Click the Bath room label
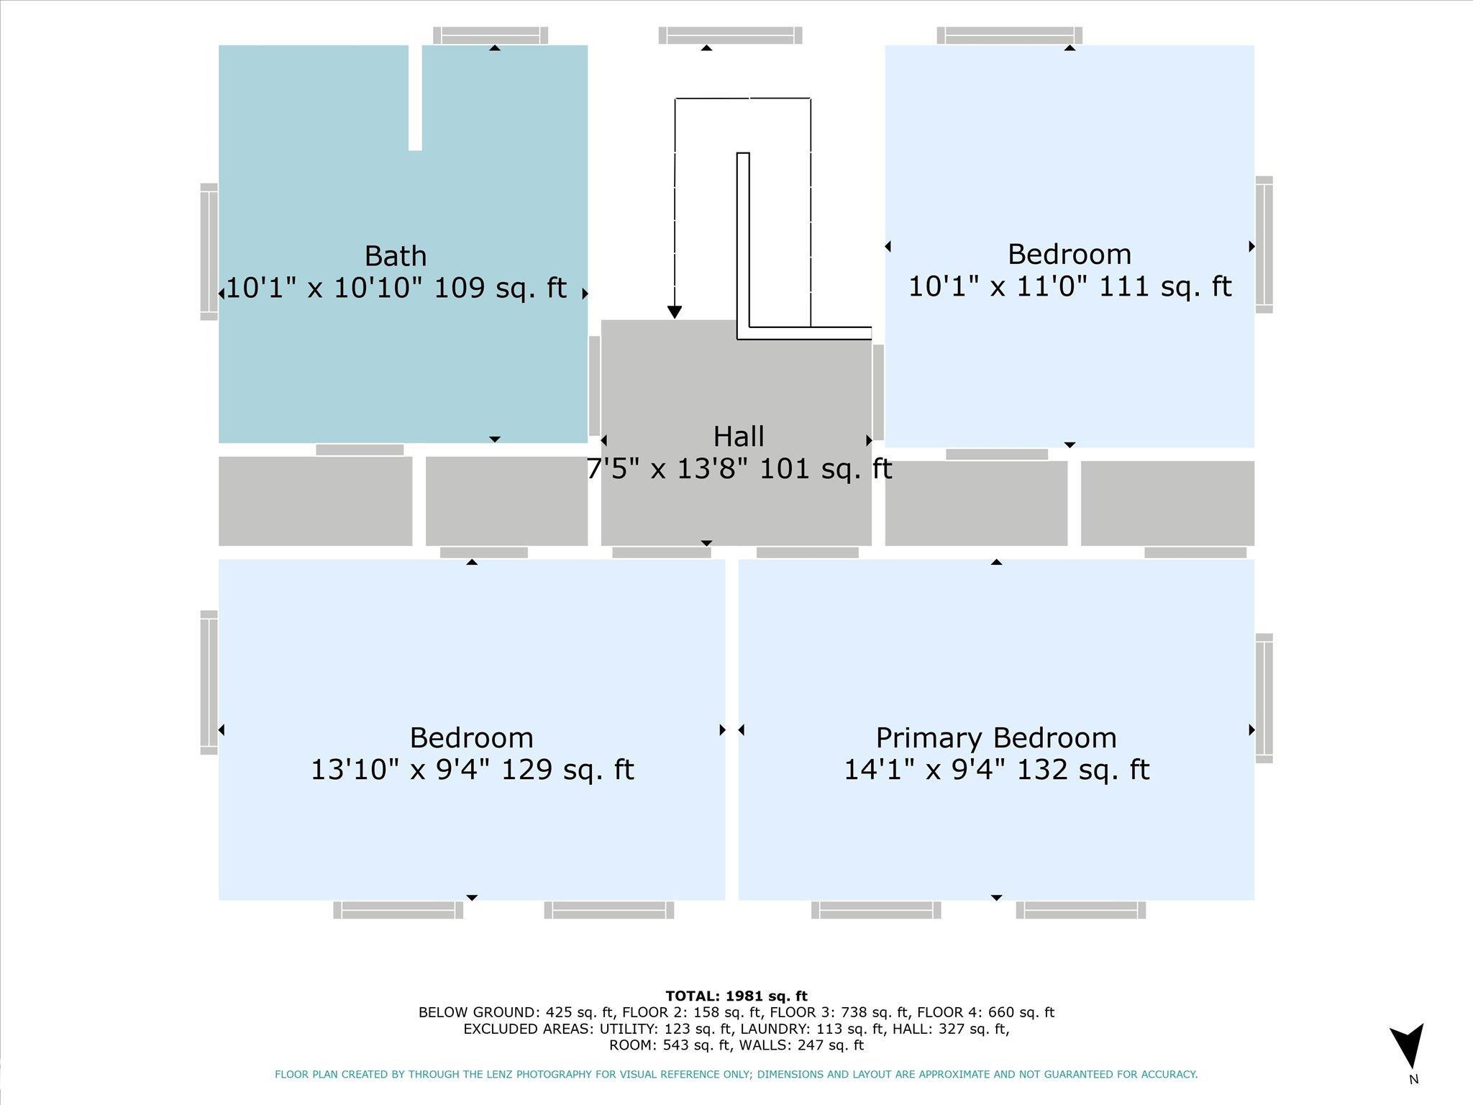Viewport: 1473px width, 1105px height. (396, 256)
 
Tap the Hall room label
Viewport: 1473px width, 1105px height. (739, 437)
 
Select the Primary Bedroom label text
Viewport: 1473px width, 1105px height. (996, 738)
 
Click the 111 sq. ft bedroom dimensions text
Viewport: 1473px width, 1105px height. (1070, 286)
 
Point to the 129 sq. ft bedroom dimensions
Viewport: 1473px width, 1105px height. (472, 770)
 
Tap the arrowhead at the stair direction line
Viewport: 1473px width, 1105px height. (674, 312)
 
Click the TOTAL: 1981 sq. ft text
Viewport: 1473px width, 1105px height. (736, 996)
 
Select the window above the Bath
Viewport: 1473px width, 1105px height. (491, 35)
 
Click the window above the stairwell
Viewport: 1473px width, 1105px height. (730, 35)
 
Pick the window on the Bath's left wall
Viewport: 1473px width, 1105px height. (209, 252)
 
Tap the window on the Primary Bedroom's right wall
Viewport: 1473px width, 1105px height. (1264, 698)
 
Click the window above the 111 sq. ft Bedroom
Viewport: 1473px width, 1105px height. (1009, 35)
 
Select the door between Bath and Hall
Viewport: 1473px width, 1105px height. (594, 386)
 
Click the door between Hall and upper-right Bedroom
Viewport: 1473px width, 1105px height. (878, 392)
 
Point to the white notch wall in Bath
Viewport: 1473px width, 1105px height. (415, 98)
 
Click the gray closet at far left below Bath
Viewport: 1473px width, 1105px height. (315, 501)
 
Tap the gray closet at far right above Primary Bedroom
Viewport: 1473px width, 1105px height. (1167, 503)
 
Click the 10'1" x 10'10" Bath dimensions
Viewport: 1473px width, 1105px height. (396, 288)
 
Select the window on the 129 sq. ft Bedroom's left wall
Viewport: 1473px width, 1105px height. (209, 683)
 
